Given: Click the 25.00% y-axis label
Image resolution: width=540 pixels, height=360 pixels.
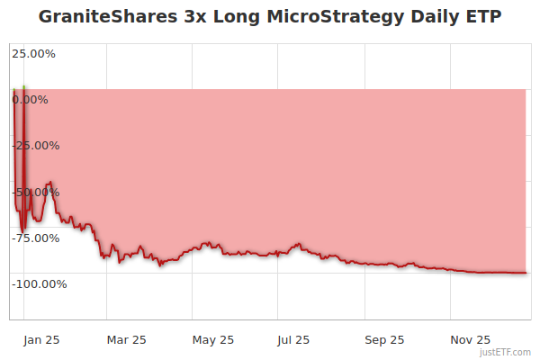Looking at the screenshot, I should click(33, 53).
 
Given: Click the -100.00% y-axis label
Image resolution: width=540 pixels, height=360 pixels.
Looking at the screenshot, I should click(39, 283).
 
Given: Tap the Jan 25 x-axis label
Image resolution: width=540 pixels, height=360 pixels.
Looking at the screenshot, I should click(41, 339).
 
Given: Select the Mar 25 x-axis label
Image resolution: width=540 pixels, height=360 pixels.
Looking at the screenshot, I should click(126, 339).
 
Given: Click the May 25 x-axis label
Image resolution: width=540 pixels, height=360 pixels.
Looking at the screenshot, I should click(213, 339).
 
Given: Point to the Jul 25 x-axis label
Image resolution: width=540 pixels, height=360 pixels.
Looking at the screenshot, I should click(293, 339).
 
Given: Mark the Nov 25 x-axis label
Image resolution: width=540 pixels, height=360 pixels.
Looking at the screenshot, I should click(470, 339).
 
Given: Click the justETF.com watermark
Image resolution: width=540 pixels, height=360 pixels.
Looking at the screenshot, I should click(505, 352).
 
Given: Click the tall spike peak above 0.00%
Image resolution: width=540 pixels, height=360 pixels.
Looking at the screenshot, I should click(23, 87).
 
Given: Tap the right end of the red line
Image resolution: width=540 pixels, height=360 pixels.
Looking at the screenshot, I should click(526, 273).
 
